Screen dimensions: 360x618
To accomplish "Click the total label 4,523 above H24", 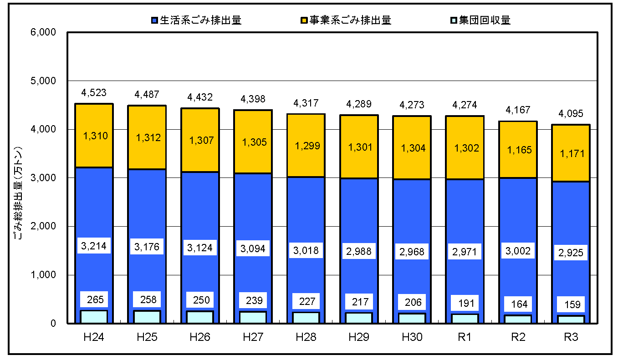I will tap(94, 93).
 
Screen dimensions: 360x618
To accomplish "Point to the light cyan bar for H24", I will tap(94, 317).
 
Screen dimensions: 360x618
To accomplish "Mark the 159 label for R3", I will tap(571, 304).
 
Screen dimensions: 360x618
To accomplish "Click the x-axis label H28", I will tap(306, 337).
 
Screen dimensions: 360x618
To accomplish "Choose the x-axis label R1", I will tap(465, 337).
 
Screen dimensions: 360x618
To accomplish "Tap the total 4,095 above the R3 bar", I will tap(571, 113).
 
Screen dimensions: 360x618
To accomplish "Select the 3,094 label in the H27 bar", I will tap(253, 248).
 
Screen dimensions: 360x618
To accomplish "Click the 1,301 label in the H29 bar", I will tap(359, 147).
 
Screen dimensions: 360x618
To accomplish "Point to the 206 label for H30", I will tap(412, 302).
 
